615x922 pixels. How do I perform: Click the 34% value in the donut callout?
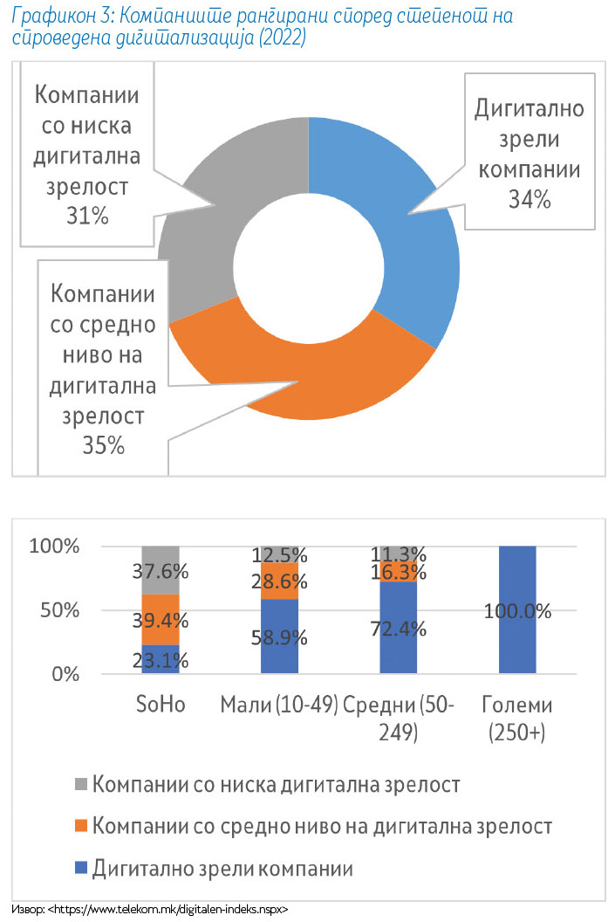(x=530, y=200)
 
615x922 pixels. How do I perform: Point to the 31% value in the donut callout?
(x=85, y=216)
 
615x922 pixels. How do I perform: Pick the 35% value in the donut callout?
(x=102, y=445)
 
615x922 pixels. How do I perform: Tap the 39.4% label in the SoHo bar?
(x=160, y=619)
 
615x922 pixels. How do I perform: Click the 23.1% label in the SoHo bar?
(x=160, y=659)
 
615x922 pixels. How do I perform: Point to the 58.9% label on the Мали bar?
(x=279, y=636)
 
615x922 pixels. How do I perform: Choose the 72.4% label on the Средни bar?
(x=398, y=628)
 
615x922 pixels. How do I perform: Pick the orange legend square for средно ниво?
(x=81, y=826)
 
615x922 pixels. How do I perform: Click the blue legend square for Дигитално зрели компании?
(x=81, y=868)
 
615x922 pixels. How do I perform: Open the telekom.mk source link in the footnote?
(x=165, y=909)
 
